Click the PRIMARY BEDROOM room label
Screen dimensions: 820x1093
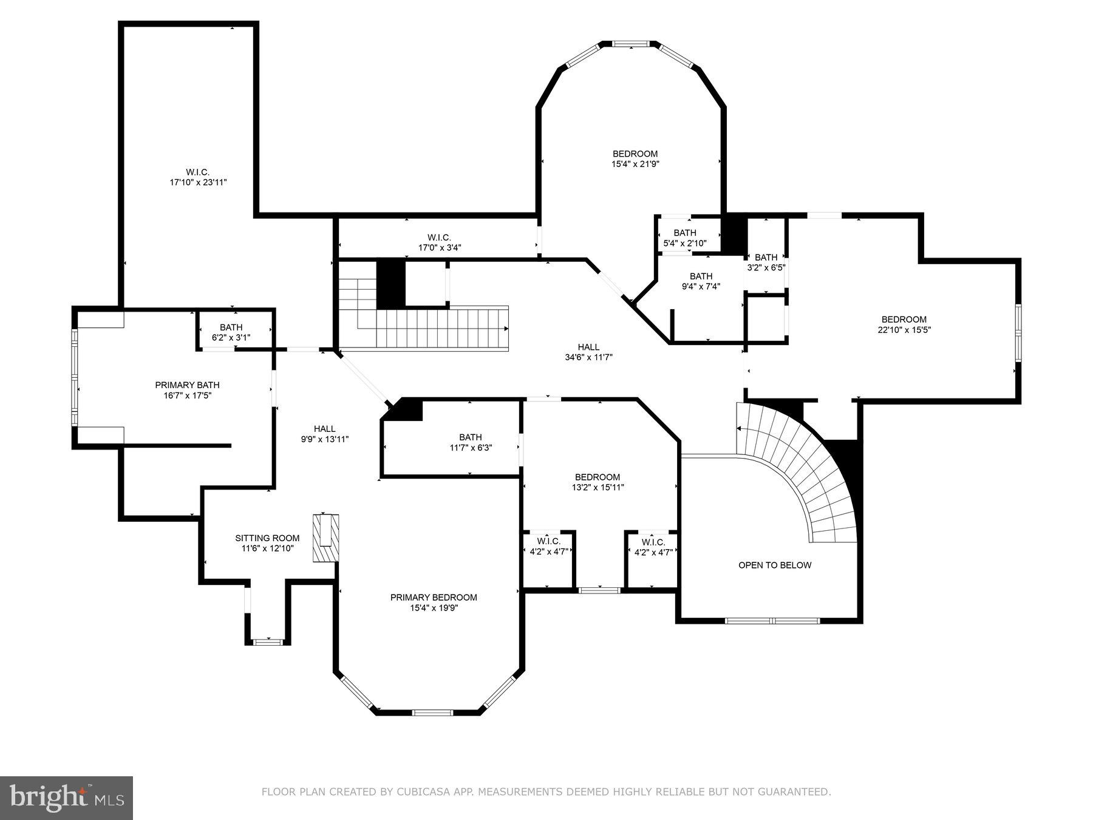[434, 597]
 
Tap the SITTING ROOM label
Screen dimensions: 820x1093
[267, 538]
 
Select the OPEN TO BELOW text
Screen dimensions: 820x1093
[774, 565]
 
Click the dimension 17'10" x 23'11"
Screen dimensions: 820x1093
[198, 182]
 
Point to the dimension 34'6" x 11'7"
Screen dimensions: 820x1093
[588, 357]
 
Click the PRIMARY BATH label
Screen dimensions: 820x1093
[187, 385]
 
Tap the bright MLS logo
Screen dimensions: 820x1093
[67, 797]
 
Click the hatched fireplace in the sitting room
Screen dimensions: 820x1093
[325, 538]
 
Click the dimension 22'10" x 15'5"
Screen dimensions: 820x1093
[904, 330]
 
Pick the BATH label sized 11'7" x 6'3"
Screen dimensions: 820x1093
[470, 437]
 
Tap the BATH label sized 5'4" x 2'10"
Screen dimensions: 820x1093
[684, 233]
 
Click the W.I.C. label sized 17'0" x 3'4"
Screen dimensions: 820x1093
[439, 237]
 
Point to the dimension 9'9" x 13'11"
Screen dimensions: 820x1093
[325, 439]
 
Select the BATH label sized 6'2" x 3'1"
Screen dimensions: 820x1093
[231, 327]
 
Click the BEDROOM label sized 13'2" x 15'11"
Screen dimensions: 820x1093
[598, 477]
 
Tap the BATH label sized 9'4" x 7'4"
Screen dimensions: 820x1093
[701, 276]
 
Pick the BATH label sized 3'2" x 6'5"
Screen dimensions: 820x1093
[766, 258]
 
